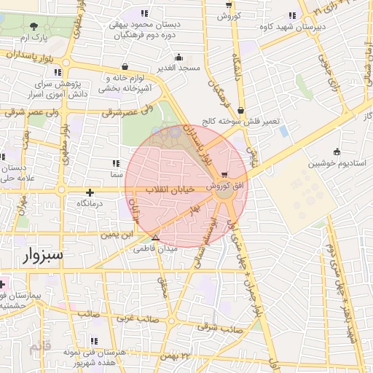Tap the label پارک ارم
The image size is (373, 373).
tap(33, 36)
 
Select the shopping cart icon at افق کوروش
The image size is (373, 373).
tap(224, 175)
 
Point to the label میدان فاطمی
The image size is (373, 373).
tap(150, 248)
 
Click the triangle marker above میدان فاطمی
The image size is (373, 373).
tap(155, 237)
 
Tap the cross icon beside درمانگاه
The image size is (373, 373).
tap(90, 193)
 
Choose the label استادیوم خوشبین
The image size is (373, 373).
tap(334, 164)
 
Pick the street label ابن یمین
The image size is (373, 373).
tap(117, 235)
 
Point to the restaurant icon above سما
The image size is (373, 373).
tap(117, 163)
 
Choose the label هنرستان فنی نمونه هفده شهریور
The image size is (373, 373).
tap(95, 356)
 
